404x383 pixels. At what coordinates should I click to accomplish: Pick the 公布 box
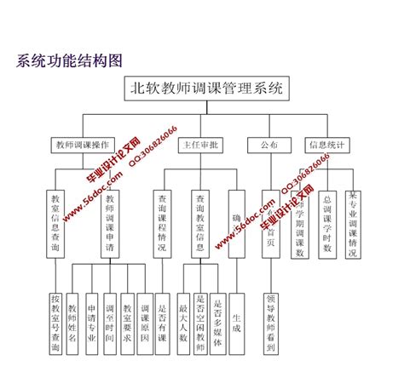[x=268, y=145]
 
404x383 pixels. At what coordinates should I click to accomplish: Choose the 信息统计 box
[x=326, y=145]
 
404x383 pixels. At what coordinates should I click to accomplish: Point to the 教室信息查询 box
[x=55, y=223]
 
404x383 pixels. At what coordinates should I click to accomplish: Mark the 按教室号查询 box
[x=55, y=323]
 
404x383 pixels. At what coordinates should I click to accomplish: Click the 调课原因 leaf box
[x=144, y=317]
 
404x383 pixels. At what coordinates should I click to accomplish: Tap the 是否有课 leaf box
[x=162, y=317]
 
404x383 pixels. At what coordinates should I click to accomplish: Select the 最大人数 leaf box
[x=182, y=317]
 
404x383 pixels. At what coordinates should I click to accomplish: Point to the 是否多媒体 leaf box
[x=217, y=317]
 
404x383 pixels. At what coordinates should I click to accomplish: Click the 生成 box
[x=236, y=317]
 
